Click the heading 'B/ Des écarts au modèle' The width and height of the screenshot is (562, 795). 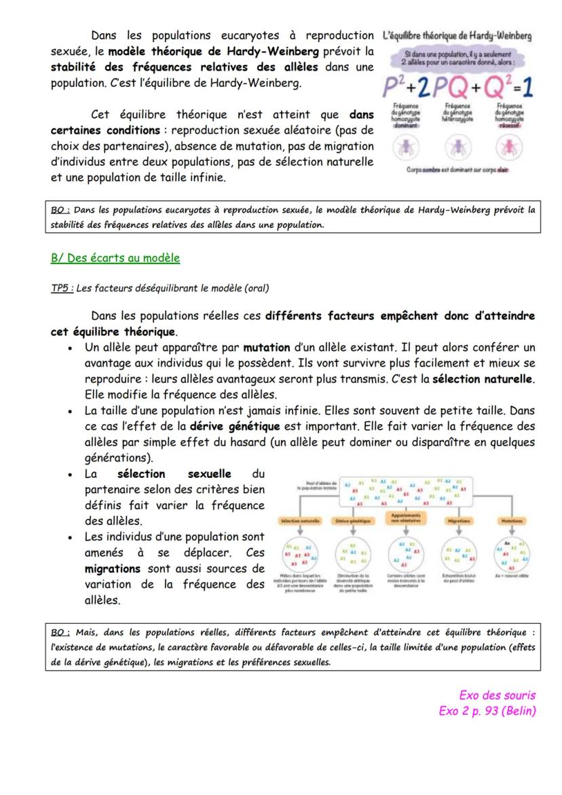point(115,258)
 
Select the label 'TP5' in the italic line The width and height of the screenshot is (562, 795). point(61,288)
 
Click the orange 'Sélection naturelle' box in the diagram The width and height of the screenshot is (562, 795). point(299,521)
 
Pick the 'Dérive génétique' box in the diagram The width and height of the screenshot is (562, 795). point(352,521)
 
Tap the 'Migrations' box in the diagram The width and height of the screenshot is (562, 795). point(460,521)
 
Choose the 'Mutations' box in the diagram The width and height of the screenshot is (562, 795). point(512,521)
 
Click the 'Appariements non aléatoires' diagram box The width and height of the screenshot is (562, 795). point(405,518)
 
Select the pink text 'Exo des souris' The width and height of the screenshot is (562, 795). point(497,695)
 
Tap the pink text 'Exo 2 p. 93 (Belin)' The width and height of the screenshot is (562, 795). point(487,711)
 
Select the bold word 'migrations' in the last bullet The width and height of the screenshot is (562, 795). point(113,568)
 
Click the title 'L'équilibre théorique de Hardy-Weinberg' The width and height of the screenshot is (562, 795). point(457,35)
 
